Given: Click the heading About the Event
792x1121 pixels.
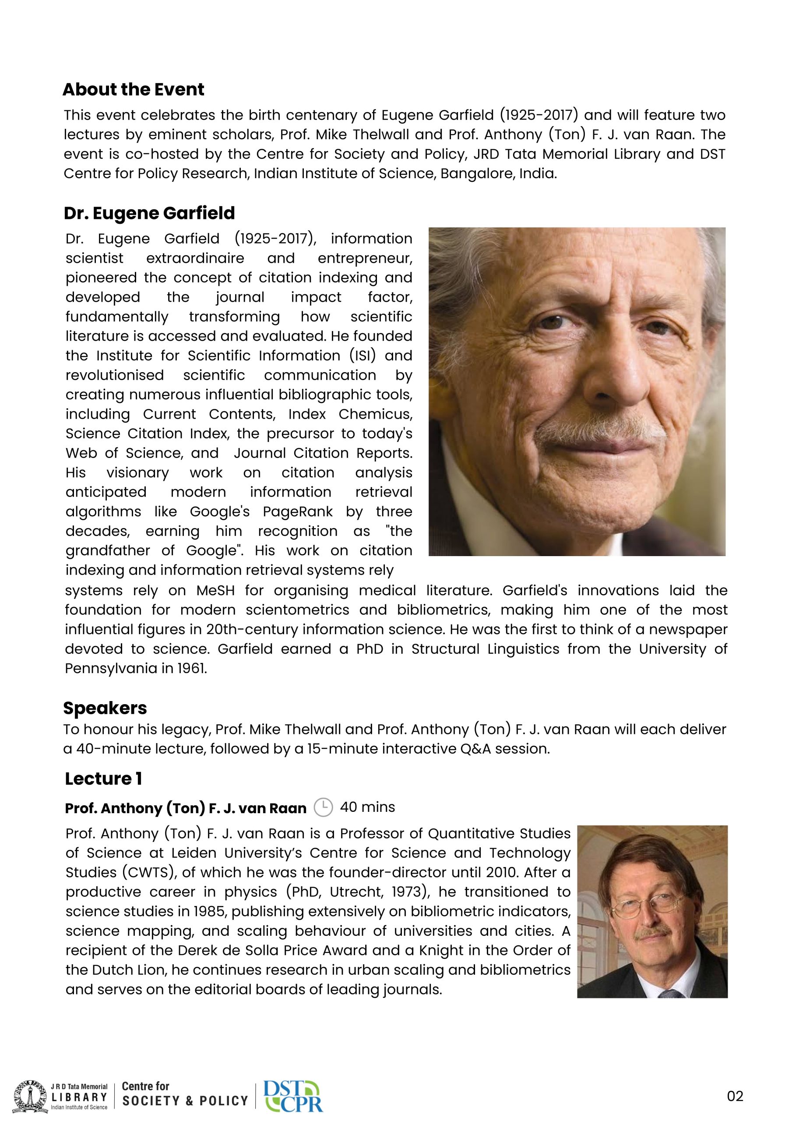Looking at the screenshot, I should [133, 89].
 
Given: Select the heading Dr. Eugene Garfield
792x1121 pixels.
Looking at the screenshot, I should [149, 213].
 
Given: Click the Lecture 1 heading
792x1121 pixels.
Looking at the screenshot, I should [103, 778].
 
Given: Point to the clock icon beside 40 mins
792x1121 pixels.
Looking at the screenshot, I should [323, 807].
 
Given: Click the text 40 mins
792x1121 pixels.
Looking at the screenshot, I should [367, 807].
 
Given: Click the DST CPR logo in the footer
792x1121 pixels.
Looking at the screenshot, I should [293, 1096].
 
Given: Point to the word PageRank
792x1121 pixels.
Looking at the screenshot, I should [297, 512].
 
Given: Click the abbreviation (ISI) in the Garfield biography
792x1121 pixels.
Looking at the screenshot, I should [363, 356].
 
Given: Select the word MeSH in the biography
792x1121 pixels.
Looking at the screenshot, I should [215, 590].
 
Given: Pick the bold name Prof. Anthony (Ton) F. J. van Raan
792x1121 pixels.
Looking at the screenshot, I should [186, 808].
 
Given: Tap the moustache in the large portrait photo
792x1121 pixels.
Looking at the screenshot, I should [601, 430].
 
